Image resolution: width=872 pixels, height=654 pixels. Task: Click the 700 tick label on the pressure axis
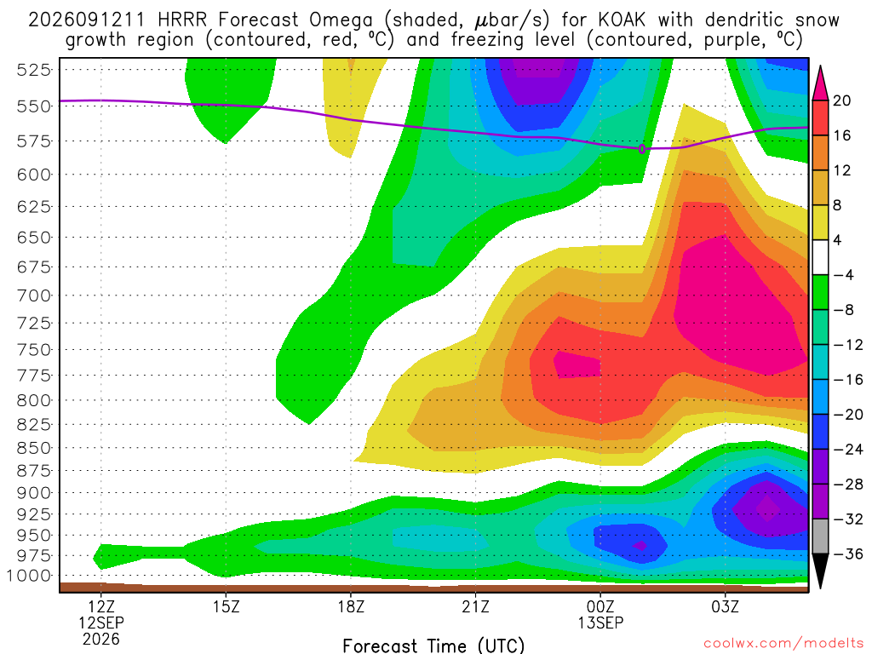coord(33,295)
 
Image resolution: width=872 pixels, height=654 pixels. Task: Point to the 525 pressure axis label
coord(33,70)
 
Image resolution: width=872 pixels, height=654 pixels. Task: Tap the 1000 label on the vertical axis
coord(29,576)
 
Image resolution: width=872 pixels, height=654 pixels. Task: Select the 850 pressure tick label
coord(33,448)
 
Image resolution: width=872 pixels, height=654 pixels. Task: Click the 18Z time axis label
coord(351,606)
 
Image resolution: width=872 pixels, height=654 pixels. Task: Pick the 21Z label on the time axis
coord(475,606)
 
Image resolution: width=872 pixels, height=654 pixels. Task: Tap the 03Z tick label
coord(726,606)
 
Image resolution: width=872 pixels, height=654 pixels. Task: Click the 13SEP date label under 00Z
coord(600,622)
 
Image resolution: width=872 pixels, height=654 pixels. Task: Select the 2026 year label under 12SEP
coord(101,639)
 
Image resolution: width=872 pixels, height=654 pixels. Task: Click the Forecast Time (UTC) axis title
coord(433,645)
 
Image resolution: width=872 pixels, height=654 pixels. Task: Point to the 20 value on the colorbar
coord(842,100)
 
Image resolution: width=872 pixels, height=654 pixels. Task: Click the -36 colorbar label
coord(848,554)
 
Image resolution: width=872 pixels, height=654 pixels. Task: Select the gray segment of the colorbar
coord(820,536)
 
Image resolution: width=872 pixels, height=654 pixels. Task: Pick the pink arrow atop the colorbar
coord(820,83)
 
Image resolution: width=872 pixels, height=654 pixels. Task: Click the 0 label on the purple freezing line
coord(642,149)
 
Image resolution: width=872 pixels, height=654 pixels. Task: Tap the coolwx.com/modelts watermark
coord(783,644)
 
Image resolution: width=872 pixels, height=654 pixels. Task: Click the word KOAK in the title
coord(622,20)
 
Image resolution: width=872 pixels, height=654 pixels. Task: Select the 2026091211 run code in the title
coord(86,20)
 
